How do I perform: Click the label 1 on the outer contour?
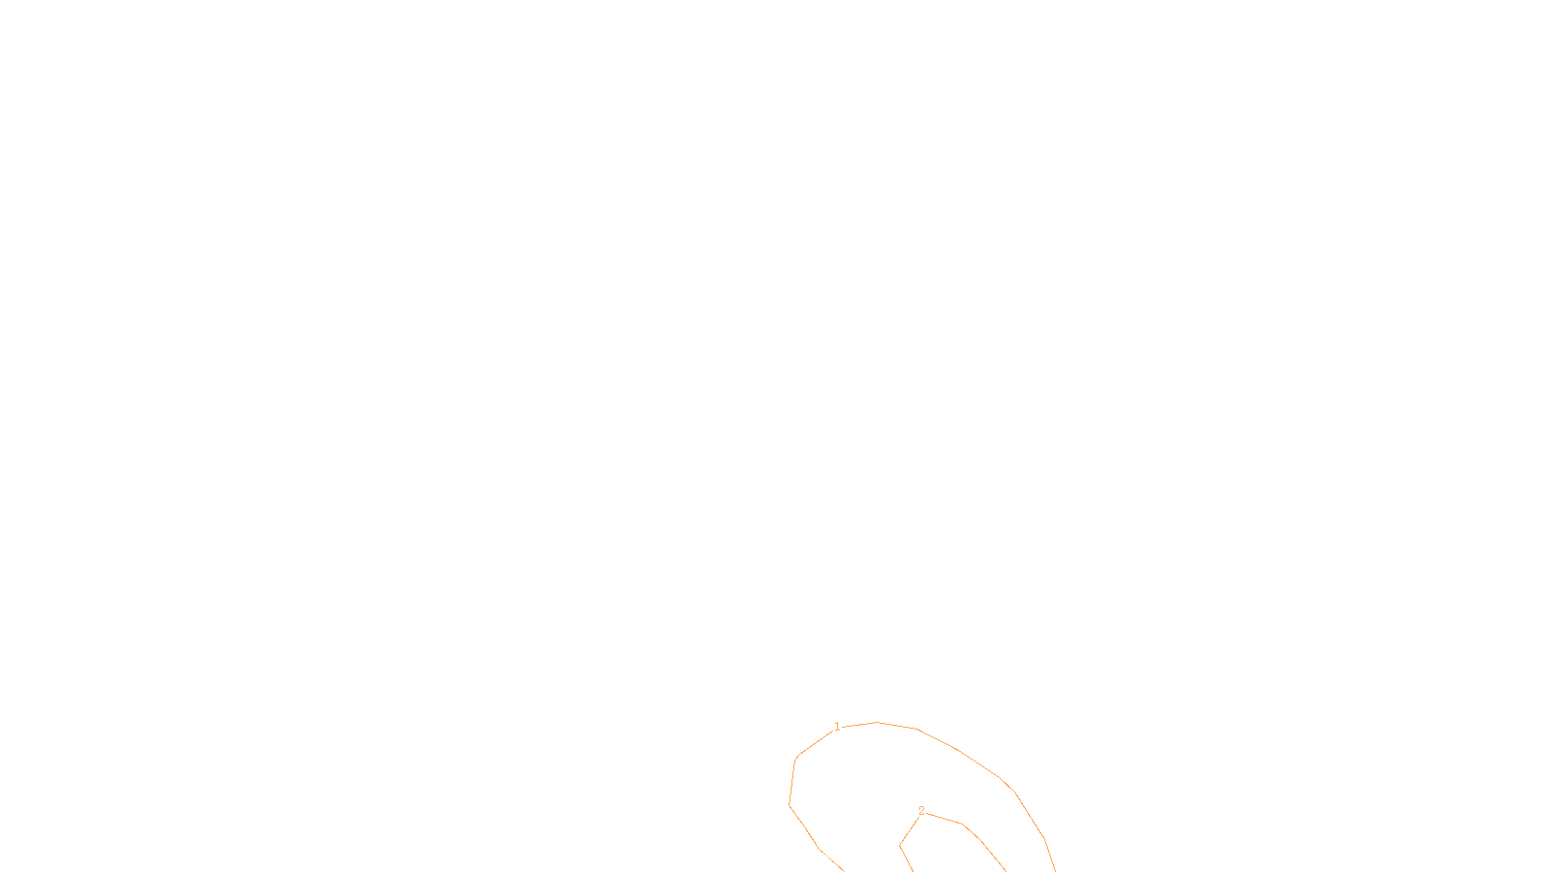point(837,727)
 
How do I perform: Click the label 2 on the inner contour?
point(921,811)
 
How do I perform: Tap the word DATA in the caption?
point(819,856)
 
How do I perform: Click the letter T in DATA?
point(822,856)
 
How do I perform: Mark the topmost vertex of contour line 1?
point(877,722)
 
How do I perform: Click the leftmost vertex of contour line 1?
point(790,805)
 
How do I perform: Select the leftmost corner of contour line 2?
point(900,845)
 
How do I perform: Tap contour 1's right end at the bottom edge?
point(1055,870)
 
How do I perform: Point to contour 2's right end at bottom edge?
point(1005,870)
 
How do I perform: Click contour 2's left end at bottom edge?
point(913,870)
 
